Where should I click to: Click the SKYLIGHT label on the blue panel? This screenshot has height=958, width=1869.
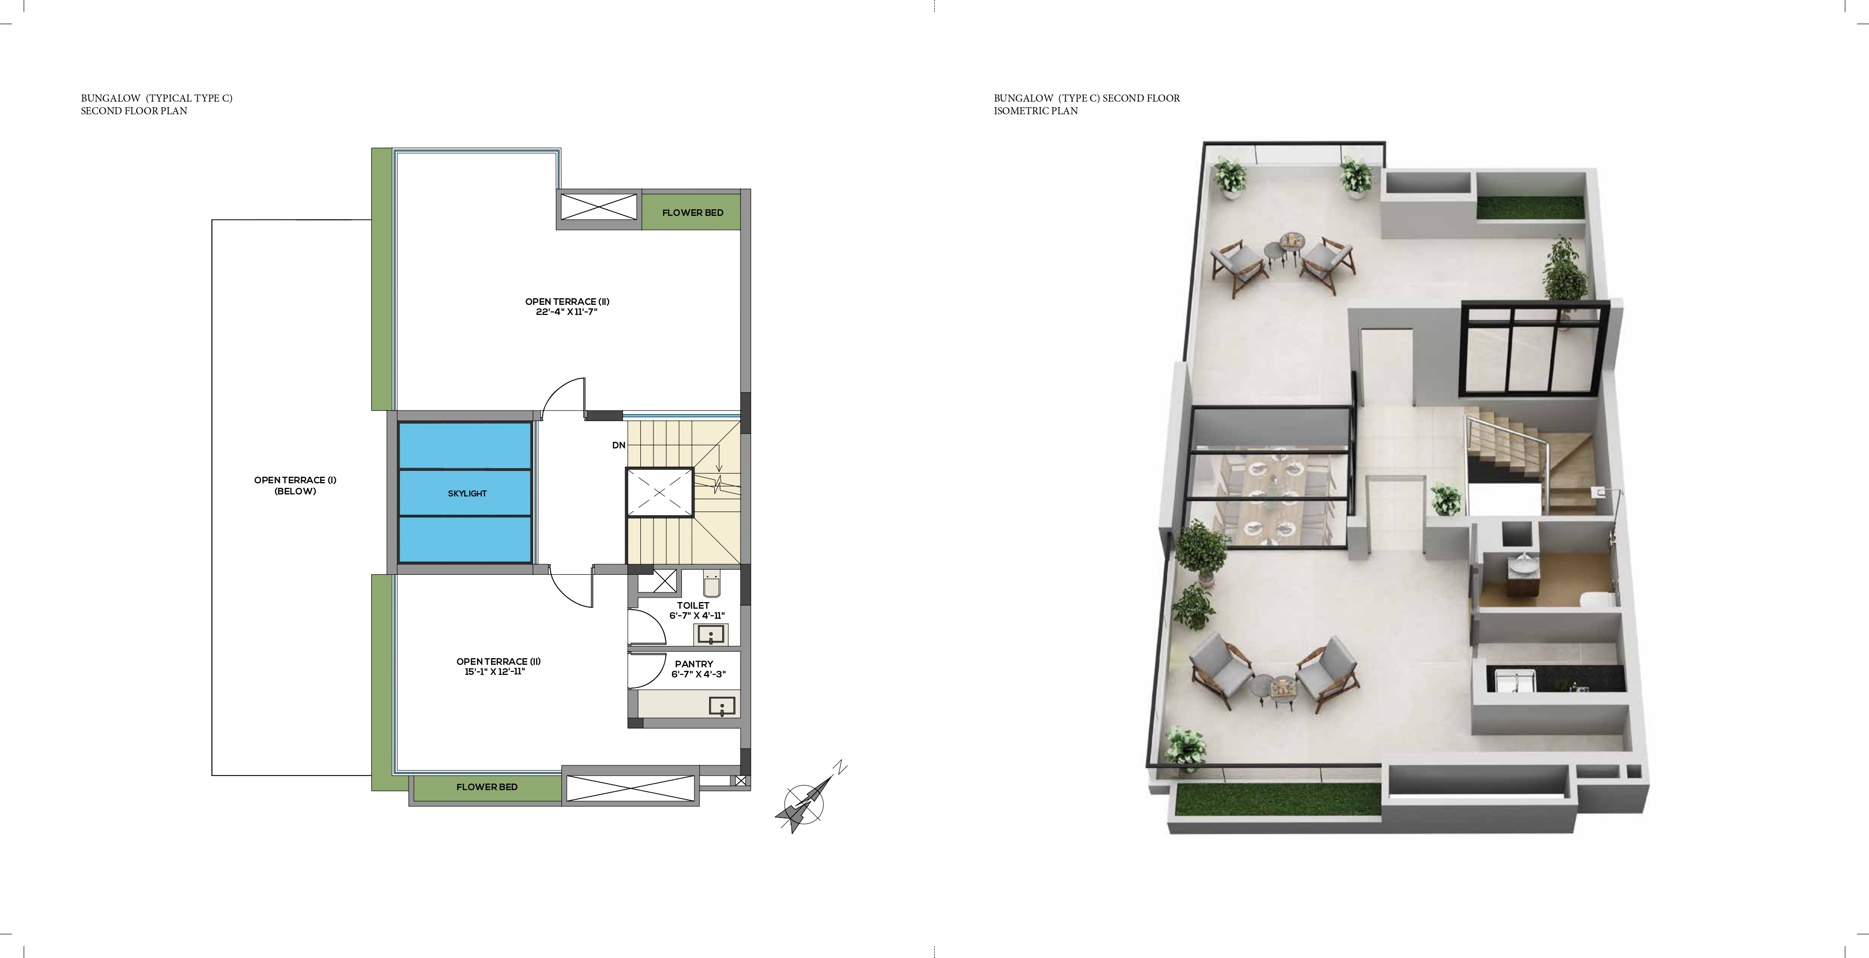pyautogui.click(x=467, y=493)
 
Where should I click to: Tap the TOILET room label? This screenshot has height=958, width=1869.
pyautogui.click(x=693, y=605)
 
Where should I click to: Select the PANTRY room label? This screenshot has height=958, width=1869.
pyautogui.click(x=693, y=664)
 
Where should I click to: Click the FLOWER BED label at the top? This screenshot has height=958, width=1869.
pyautogui.click(x=693, y=212)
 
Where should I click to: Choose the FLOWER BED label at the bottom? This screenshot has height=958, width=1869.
pyautogui.click(x=487, y=787)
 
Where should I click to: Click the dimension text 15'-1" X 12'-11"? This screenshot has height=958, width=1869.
pyautogui.click(x=494, y=671)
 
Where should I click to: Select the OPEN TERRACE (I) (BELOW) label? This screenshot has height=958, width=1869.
pyautogui.click(x=295, y=485)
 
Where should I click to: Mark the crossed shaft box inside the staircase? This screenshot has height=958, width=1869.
pyautogui.click(x=659, y=492)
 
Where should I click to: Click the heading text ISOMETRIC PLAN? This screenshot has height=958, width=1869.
pyautogui.click(x=1035, y=111)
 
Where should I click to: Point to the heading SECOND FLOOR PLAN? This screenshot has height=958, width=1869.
pyautogui.click(x=134, y=111)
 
